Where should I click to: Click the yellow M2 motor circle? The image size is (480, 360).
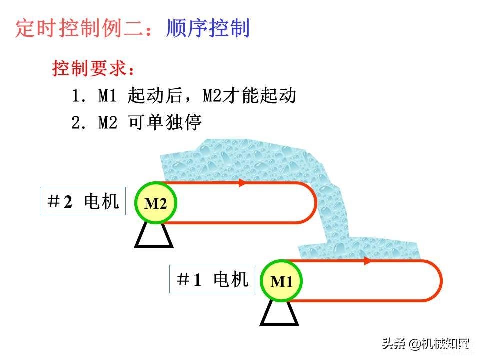tap(156, 203)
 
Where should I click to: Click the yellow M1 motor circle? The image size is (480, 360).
tap(281, 281)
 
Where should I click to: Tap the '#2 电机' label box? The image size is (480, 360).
tap(83, 201)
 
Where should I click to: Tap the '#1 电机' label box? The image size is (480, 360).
tap(212, 279)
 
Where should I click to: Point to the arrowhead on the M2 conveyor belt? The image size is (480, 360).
tap(242, 183)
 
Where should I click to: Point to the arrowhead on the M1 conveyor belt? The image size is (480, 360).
tap(367, 261)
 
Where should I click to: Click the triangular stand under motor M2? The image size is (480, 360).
tap(154, 235)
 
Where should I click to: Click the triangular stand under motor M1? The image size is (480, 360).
tap(279, 314)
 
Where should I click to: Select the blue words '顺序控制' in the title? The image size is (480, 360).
tap(208, 28)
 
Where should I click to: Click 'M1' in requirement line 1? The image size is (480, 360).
tap(108, 95)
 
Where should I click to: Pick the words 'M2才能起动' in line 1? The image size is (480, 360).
tap(250, 95)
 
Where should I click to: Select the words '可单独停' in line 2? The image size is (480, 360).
tap(165, 122)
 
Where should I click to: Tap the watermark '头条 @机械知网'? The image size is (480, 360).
tap(426, 344)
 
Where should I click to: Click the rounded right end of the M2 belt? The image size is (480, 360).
tap(315, 203)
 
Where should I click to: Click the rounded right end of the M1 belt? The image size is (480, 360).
tap(441, 281)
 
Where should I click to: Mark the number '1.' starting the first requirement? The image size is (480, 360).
tap(78, 95)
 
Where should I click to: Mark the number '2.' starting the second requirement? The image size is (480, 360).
tap(78, 122)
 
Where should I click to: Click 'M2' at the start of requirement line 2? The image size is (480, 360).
tap(108, 122)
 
